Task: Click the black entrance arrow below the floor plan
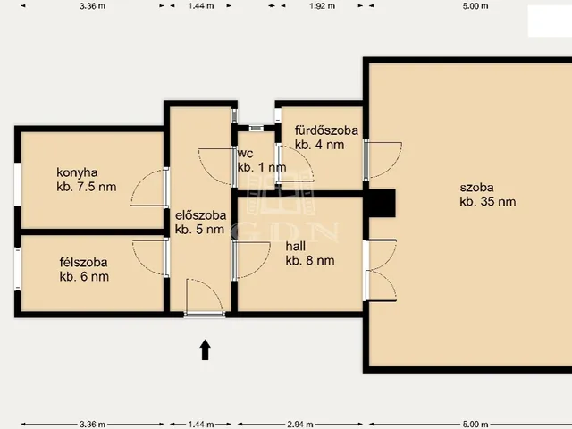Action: coord(206,349)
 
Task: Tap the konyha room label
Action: coord(77,172)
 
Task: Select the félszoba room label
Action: coord(83,262)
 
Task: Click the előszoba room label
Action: coord(200,215)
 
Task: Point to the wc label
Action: coord(245,153)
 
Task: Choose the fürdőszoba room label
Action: coord(326,130)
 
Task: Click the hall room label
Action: coord(296,247)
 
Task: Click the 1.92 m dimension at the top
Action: coord(322,6)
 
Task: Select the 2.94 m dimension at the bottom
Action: coord(300,424)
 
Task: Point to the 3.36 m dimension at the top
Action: coord(92,6)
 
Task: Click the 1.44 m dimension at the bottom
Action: coord(200,424)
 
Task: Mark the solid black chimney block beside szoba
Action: coord(382,203)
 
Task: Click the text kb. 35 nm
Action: coord(488,201)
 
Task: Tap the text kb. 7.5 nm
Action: coord(87,187)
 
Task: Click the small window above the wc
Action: coord(257,128)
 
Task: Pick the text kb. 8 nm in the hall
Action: coord(310,260)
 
